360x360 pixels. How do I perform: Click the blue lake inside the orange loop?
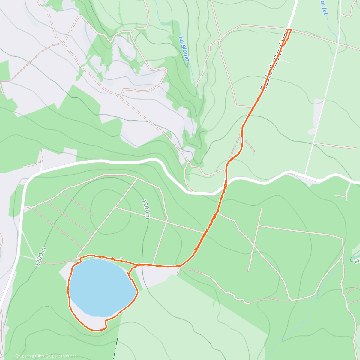tap(100, 286)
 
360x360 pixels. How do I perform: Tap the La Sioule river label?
tap(184, 49)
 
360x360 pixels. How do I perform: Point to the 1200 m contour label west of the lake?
tap(41, 257)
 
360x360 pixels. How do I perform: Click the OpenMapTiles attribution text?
tap(31, 356)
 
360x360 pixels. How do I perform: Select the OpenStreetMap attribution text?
tap(63, 356)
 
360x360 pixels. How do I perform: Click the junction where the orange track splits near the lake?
tap(137, 265)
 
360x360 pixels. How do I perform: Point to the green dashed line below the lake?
tap(115, 348)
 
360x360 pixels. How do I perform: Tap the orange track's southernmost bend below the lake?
tap(96, 331)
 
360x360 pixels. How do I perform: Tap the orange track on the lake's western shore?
tap(69, 288)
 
